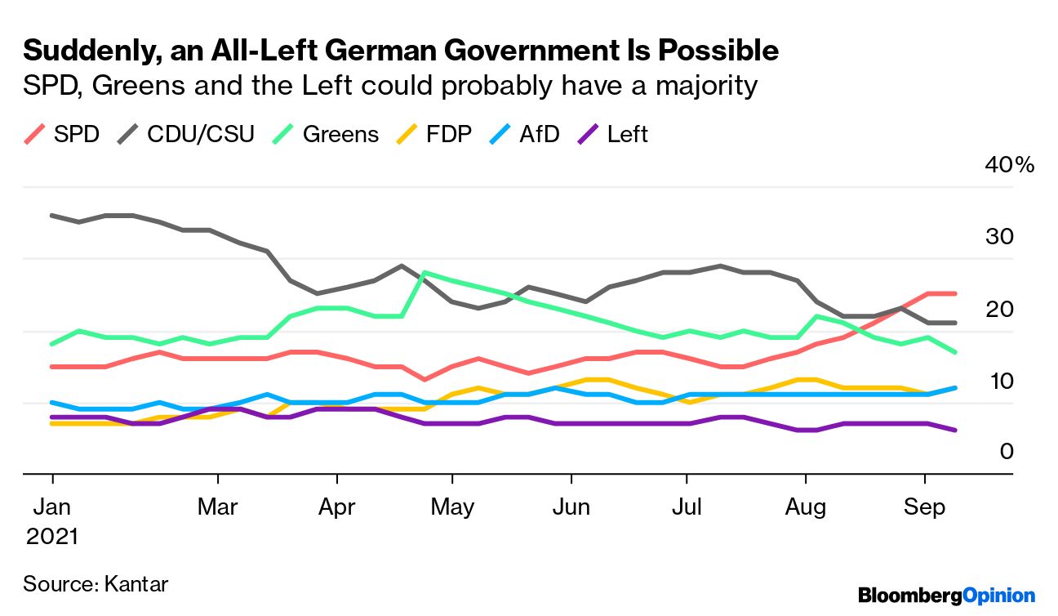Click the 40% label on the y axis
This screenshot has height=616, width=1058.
1010,166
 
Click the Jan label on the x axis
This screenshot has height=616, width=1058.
53,507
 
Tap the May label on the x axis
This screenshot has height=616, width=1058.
452,507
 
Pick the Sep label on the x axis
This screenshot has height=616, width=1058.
925,507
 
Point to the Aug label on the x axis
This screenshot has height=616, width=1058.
806,507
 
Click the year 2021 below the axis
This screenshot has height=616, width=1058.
52,537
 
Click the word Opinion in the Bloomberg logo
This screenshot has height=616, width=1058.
999,596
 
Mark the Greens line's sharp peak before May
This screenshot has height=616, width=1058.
425,272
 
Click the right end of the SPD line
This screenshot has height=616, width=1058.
955,293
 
